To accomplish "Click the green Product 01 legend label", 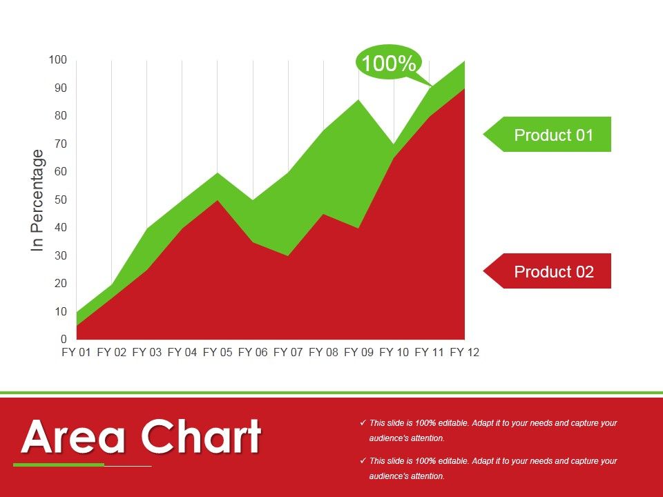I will point(553,135).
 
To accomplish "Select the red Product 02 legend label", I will point(553,271).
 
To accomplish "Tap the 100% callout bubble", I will point(389,64).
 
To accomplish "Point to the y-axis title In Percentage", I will point(38,200).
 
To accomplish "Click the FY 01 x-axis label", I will point(76,353).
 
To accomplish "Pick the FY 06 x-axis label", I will point(253,353).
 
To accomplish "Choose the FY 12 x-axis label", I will point(464,353).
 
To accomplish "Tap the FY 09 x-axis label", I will point(358,353).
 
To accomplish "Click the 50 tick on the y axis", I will point(61,200).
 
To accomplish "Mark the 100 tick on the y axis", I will point(58,60).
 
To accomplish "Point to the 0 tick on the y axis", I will point(64,340).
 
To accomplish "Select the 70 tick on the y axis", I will point(61,144).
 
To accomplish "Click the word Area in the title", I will point(73,437).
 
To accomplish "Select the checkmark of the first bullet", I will point(363,422).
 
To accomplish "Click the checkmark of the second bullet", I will point(363,460).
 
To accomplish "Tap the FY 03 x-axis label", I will point(146,353).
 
